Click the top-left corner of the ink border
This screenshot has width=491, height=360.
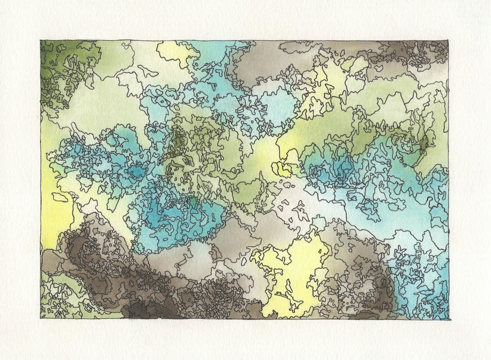pyautogui.click(x=41, y=41)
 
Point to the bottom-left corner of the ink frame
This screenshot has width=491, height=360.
pyautogui.click(x=41, y=318)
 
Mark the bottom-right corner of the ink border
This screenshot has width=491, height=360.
pyautogui.click(x=449, y=319)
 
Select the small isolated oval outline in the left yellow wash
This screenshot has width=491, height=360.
pyautogui.click(x=60, y=197)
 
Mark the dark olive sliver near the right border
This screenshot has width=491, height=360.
pyautogui.click(x=423, y=142)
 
